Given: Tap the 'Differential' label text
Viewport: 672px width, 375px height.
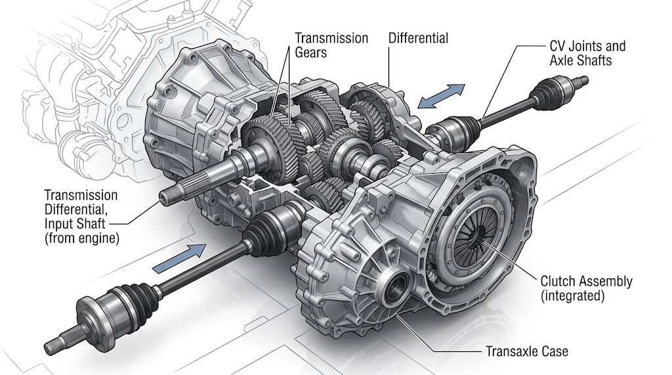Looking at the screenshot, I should [418, 38].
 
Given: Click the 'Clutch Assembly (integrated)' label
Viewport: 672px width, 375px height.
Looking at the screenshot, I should [586, 288].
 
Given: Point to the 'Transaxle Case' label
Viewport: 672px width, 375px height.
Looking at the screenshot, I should [527, 351].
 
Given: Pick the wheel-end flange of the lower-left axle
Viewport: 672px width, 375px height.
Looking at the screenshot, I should [87, 310].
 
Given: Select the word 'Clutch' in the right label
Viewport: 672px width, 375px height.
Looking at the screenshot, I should [558, 281].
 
